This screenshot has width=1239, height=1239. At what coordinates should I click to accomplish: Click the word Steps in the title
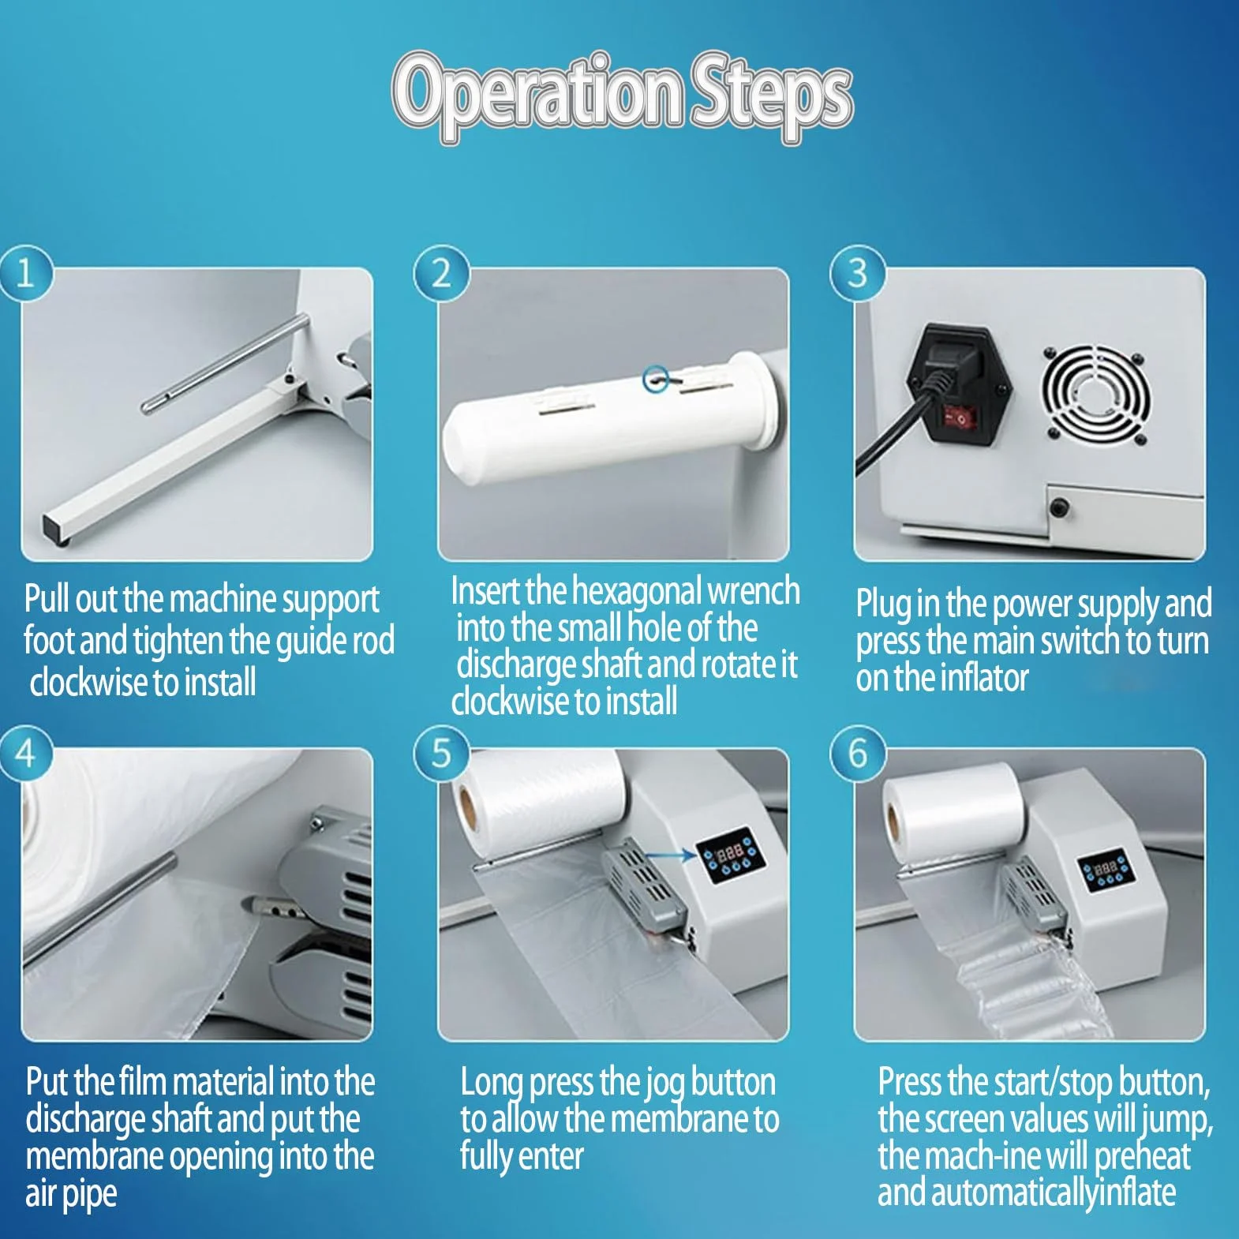click(x=772, y=96)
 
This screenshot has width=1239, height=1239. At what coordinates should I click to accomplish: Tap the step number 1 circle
click(x=25, y=273)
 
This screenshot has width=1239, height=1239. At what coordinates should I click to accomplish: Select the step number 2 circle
click(x=441, y=273)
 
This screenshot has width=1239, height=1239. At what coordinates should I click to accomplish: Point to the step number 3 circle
click(x=858, y=273)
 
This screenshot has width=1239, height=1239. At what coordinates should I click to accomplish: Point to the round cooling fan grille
click(x=1095, y=393)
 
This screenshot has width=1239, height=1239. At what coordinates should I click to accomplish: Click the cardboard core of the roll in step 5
click(x=466, y=808)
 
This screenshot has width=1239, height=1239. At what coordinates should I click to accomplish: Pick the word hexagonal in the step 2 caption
click(x=636, y=591)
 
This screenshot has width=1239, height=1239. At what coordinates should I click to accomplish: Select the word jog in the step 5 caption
click(x=664, y=1084)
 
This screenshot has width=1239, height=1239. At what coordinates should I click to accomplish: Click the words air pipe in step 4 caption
click(x=71, y=1194)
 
